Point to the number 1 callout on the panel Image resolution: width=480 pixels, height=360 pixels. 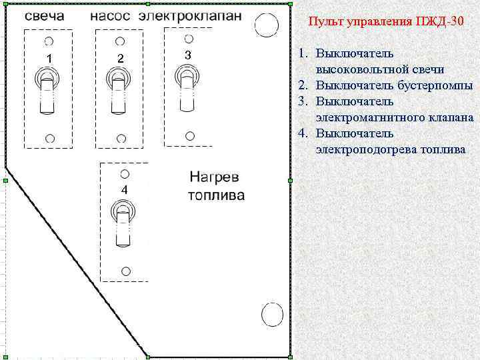coord(48,59)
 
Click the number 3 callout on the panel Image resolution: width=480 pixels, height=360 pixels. coord(188,55)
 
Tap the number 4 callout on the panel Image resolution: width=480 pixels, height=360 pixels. coord(124,190)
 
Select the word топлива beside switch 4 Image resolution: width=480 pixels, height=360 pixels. coord(216,195)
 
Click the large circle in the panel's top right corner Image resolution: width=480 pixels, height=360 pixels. coord(267,25)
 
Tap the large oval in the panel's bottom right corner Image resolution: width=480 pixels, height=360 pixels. coord(271,315)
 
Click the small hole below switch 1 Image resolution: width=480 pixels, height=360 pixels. coord(49,138)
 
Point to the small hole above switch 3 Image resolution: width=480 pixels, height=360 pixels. coord(189,39)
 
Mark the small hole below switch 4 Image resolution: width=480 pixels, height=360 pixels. coord(125,271)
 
